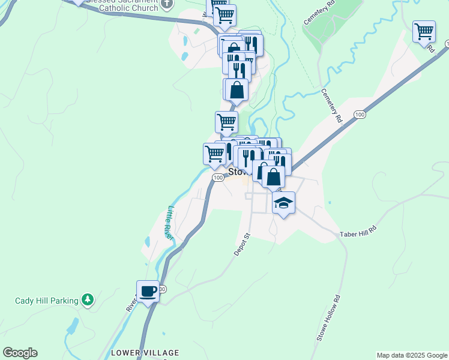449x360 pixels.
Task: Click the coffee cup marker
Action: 148,291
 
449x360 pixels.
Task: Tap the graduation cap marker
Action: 283,203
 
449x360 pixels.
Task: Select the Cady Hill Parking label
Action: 47,301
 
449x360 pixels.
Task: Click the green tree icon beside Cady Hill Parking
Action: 88,299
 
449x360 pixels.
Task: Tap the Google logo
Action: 20,353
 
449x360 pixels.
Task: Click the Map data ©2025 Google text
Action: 411,355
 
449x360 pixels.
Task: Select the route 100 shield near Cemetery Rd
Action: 359,114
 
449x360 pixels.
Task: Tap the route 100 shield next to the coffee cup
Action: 162,289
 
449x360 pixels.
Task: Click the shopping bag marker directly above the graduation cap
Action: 273,177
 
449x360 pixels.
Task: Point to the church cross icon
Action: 167,5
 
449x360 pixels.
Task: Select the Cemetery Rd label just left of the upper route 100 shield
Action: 331,106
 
